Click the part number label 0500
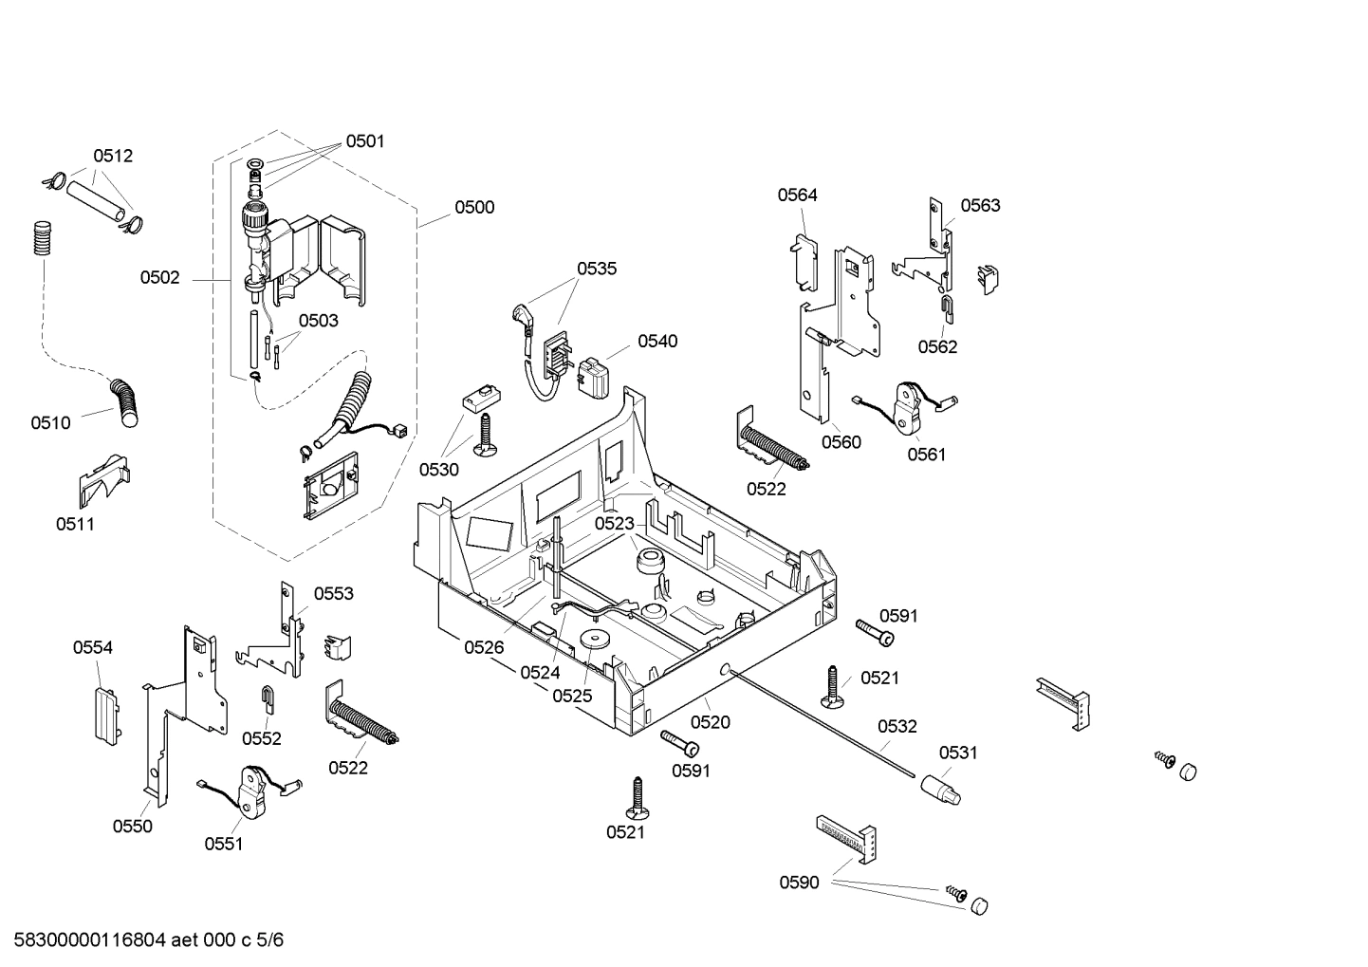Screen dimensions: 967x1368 pos(473,207)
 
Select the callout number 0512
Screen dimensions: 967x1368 pos(113,156)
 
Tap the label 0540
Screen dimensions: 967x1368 pos(657,342)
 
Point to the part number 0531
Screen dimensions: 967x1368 pos(958,753)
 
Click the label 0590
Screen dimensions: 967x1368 pos(799,883)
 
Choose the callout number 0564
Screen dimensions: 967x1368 pos(797,195)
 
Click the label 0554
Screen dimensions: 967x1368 pos(93,647)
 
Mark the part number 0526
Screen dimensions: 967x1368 pos(484,647)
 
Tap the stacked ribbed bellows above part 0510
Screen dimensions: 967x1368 pos(41,237)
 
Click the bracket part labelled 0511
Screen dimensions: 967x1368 pos(103,480)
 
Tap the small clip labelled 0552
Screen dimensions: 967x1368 pos(268,699)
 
